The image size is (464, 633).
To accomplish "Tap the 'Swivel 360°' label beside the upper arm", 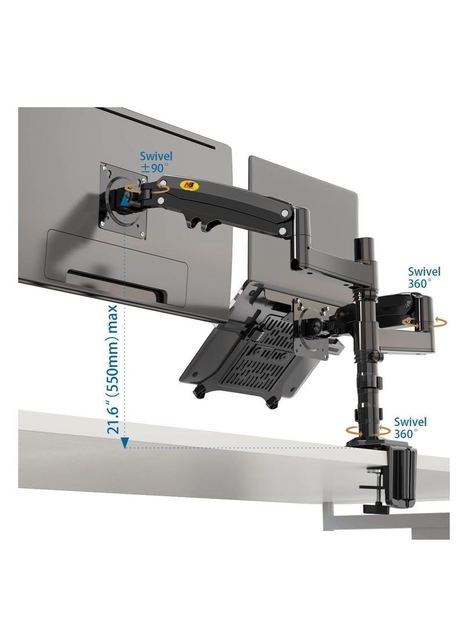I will [424, 277].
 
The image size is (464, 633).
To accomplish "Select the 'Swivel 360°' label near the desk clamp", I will [410, 428].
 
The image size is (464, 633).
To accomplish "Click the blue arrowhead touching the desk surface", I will [124, 443].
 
